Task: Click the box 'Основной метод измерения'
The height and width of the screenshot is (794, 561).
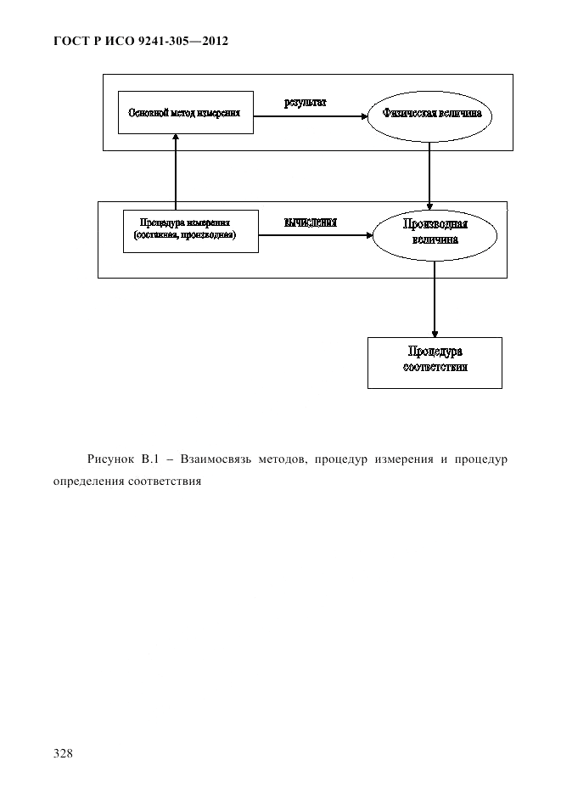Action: click(x=185, y=112)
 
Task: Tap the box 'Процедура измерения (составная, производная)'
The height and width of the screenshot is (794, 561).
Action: click(x=190, y=229)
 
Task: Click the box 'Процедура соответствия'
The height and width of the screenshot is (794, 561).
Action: click(x=434, y=362)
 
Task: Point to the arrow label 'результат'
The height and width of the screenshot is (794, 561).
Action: click(x=306, y=103)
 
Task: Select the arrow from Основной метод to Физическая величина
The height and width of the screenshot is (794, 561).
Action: click(x=311, y=119)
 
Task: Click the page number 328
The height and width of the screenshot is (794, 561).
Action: click(x=64, y=752)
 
